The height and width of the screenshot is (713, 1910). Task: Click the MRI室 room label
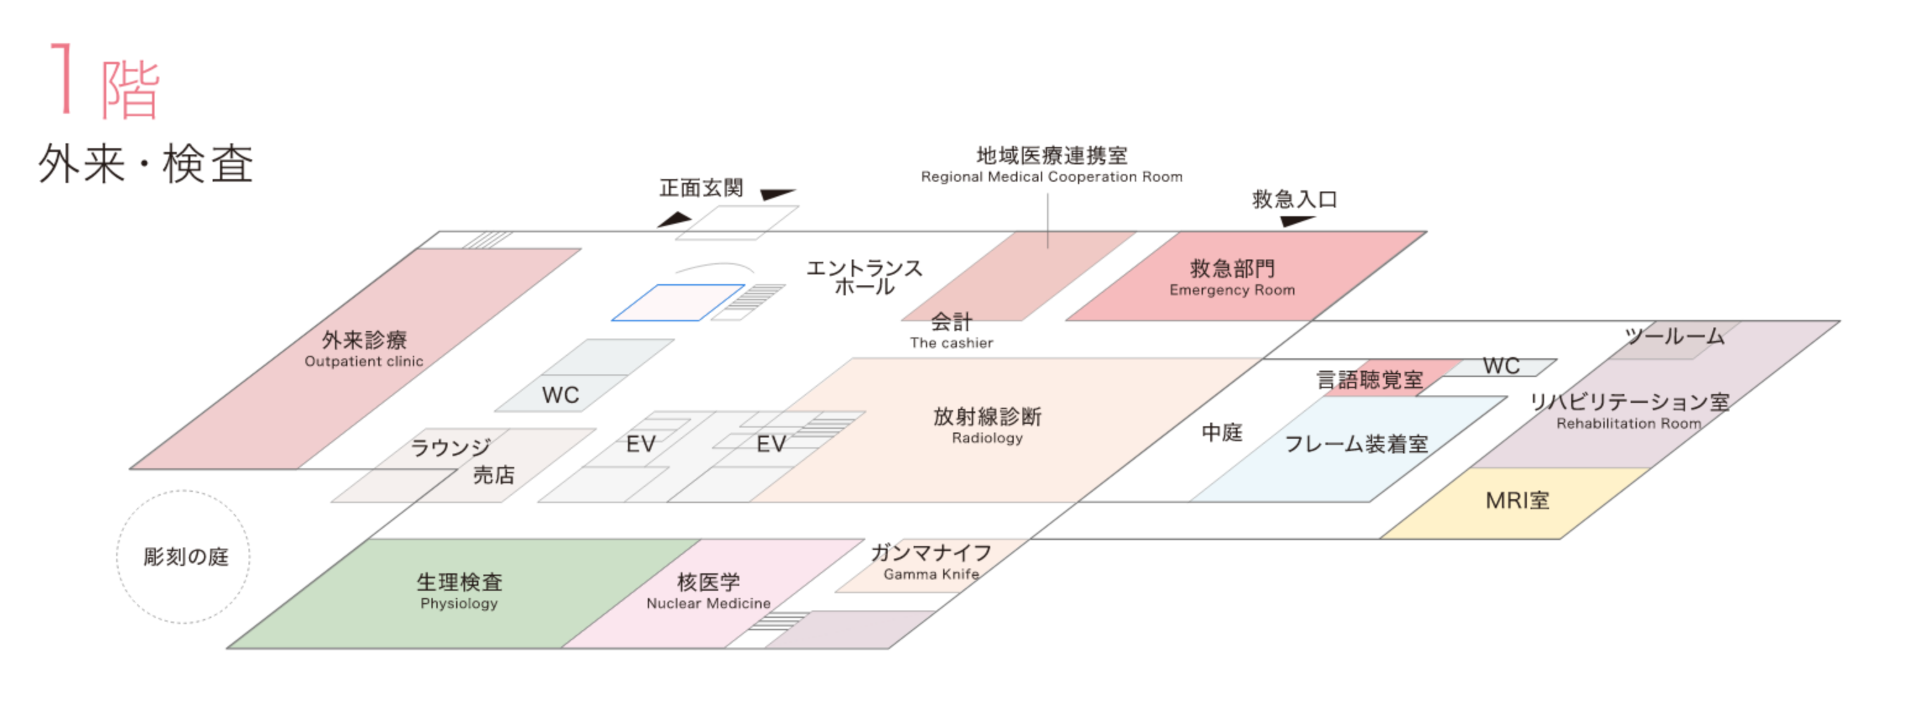click(x=1517, y=500)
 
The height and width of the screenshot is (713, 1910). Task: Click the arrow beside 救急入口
click(x=1297, y=220)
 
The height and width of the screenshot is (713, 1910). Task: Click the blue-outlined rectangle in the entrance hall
click(x=677, y=302)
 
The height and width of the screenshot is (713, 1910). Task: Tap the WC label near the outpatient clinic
click(x=561, y=395)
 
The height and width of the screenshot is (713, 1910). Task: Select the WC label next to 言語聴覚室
click(x=1501, y=365)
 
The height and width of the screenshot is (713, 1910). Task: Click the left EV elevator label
click(x=640, y=444)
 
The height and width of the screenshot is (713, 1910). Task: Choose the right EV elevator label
click(x=771, y=444)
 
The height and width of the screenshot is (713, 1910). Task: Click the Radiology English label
click(x=987, y=438)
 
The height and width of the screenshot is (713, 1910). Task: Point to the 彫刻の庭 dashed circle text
click(x=185, y=557)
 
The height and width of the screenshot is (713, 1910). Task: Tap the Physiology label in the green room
click(x=459, y=603)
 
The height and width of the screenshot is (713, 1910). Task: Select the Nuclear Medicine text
click(x=708, y=603)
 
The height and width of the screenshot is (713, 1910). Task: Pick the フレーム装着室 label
click(x=1356, y=444)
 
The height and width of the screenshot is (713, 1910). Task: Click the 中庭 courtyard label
click(x=1221, y=432)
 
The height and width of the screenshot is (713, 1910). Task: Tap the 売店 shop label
click(x=493, y=475)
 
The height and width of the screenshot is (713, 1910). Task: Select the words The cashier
click(x=951, y=342)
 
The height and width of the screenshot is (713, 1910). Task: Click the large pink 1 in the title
click(x=62, y=78)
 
